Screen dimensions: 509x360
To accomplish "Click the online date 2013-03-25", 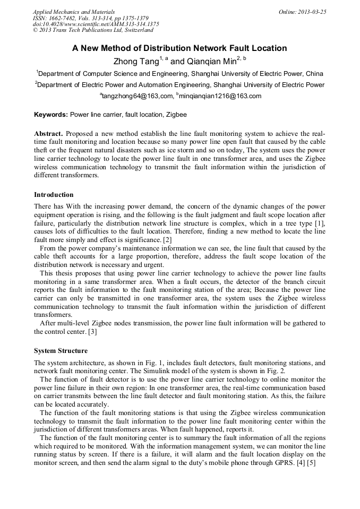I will pos(312,12).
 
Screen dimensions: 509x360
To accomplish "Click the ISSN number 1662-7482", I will pos(63,18).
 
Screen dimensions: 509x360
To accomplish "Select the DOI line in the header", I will pos(96,24).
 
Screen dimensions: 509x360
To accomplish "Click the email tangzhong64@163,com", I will pos(137,96).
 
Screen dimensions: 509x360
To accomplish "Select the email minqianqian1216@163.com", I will pos(220,96).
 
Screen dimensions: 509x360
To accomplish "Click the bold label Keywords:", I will pos(51,114).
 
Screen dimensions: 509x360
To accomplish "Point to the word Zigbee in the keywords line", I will pos(176,114).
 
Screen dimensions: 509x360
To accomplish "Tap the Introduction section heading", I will pos(54,195).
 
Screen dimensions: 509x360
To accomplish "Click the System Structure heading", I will pos(61,351).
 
